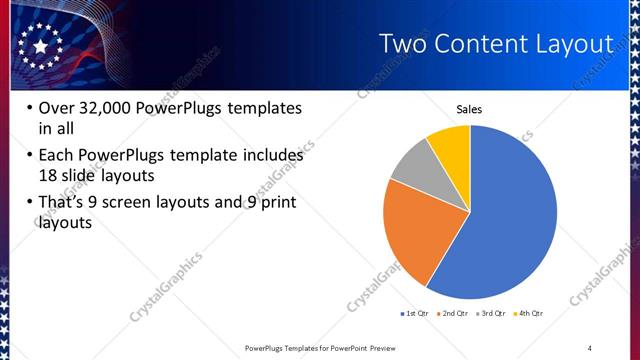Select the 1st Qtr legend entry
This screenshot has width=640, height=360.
pyautogui.click(x=414, y=314)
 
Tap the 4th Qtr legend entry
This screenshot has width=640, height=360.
pyautogui.click(x=529, y=314)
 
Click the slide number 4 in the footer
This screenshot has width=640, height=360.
pyautogui.click(x=590, y=347)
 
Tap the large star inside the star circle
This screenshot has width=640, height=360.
pyautogui.click(x=40, y=46)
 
